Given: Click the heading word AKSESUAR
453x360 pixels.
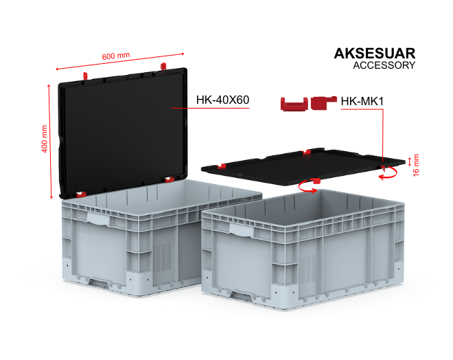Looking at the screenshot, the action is [375, 53].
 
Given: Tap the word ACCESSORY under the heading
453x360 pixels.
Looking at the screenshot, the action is [384, 65].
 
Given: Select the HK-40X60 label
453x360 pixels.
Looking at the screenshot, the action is [222, 100].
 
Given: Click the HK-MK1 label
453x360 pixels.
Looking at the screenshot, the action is [362, 101].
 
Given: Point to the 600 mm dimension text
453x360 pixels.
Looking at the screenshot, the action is [116, 56].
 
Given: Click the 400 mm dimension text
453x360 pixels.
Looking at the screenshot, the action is [44, 139].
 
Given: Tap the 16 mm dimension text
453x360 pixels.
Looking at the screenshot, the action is [415, 165].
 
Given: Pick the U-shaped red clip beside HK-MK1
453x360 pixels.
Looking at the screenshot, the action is [294, 104].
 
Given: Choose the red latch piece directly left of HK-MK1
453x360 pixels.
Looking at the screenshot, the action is [323, 102].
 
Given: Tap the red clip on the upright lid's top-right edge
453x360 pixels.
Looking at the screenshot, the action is [163, 66].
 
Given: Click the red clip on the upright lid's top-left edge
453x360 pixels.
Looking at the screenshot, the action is [85, 76].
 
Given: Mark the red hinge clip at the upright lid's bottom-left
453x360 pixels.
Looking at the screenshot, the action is [81, 194].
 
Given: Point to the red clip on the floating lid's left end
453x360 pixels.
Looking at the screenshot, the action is [222, 166].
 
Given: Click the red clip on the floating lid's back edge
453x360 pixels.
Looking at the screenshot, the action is [307, 152].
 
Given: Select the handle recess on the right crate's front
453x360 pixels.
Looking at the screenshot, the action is [242, 229].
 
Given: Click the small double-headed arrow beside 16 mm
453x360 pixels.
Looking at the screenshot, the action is [409, 161].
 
